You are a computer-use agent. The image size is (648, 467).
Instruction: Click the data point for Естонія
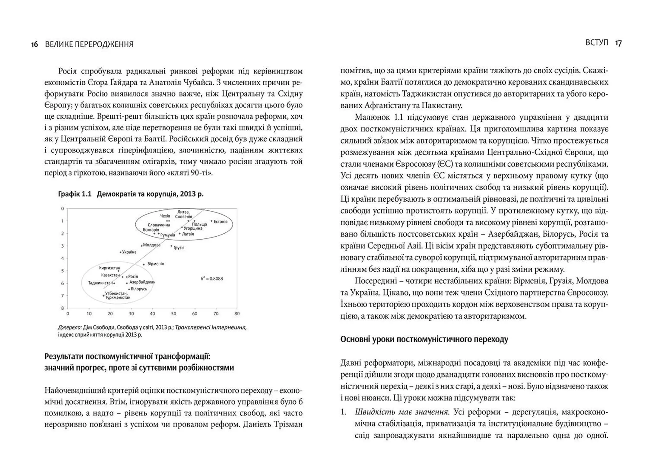(212, 222)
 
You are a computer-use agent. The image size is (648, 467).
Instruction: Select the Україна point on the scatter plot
(120, 252)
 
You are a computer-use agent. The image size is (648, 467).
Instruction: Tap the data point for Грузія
(171, 246)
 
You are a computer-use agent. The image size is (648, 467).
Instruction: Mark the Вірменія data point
(144, 264)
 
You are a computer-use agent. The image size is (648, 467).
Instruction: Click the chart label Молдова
(152, 245)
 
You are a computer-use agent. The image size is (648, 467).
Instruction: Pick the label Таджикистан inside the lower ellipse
(100, 283)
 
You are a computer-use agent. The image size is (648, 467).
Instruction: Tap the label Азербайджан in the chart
(142, 282)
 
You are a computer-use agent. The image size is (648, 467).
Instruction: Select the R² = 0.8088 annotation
(212, 279)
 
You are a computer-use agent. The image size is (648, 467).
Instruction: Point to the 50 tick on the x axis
(173, 314)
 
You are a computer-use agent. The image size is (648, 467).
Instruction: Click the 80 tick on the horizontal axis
(237, 314)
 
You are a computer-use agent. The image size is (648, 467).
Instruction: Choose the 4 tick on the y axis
(62, 258)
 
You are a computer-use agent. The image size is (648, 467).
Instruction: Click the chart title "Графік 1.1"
(75, 194)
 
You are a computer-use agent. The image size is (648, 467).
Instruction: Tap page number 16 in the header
(34, 44)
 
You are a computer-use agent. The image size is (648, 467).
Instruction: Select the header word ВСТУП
(597, 42)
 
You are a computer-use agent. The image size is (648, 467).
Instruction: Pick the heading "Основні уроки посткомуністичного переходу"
(424, 339)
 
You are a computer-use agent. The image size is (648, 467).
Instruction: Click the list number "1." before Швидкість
(344, 412)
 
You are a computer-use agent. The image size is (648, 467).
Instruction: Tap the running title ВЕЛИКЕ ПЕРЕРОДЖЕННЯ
(89, 44)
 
